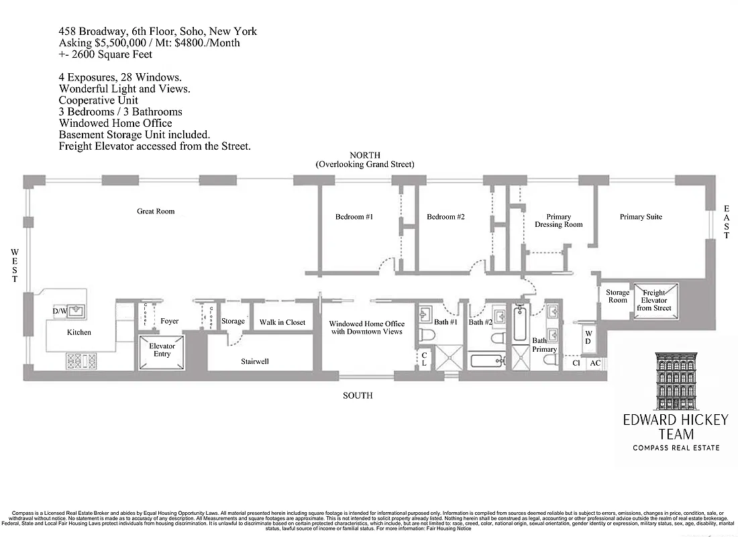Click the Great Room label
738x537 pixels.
156,211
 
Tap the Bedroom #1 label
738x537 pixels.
354,217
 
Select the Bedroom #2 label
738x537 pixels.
445,217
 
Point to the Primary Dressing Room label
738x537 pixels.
558,221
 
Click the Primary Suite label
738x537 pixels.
641,217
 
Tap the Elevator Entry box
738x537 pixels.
162,350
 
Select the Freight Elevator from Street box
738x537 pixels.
654,300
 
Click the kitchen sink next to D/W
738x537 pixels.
76,311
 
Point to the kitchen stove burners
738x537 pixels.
80,360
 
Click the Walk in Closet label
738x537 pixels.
282,322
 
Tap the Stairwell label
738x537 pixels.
254,362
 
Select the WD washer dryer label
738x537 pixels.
588,337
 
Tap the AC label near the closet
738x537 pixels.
594,363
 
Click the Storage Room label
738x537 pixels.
618,296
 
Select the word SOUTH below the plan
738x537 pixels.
358,395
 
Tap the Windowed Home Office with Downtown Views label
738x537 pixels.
366,328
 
